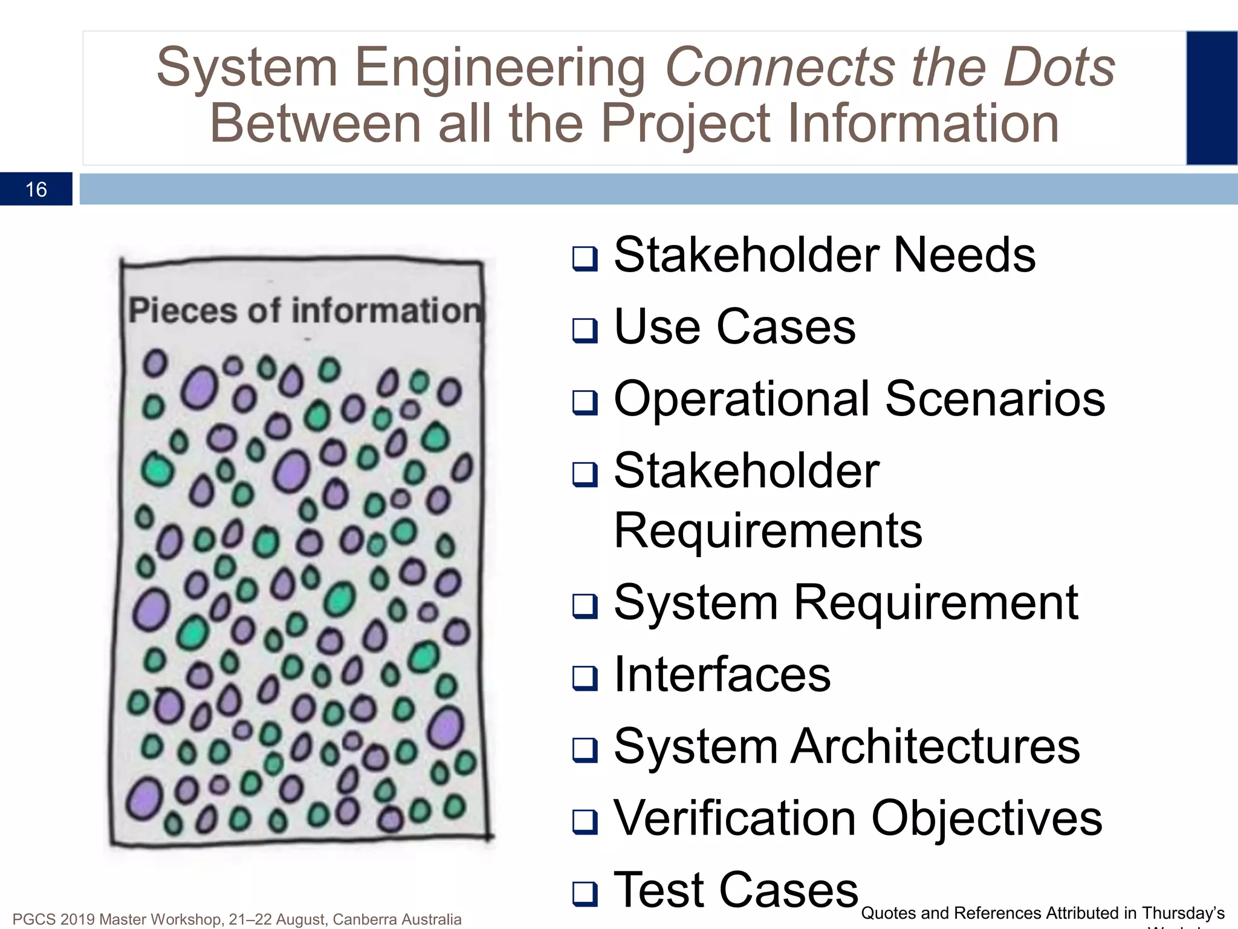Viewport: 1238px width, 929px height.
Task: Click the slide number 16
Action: (x=36, y=190)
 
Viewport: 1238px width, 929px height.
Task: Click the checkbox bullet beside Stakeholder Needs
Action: (x=585, y=258)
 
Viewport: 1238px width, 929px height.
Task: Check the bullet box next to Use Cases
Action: (x=585, y=330)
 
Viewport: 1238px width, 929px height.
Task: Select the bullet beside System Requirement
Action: (x=585, y=606)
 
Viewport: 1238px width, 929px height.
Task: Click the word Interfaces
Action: (x=722, y=675)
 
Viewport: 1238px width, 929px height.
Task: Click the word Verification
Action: (x=734, y=818)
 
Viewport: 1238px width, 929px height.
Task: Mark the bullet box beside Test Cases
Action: (x=585, y=893)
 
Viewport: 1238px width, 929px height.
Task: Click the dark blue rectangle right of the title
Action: (x=1211, y=98)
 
